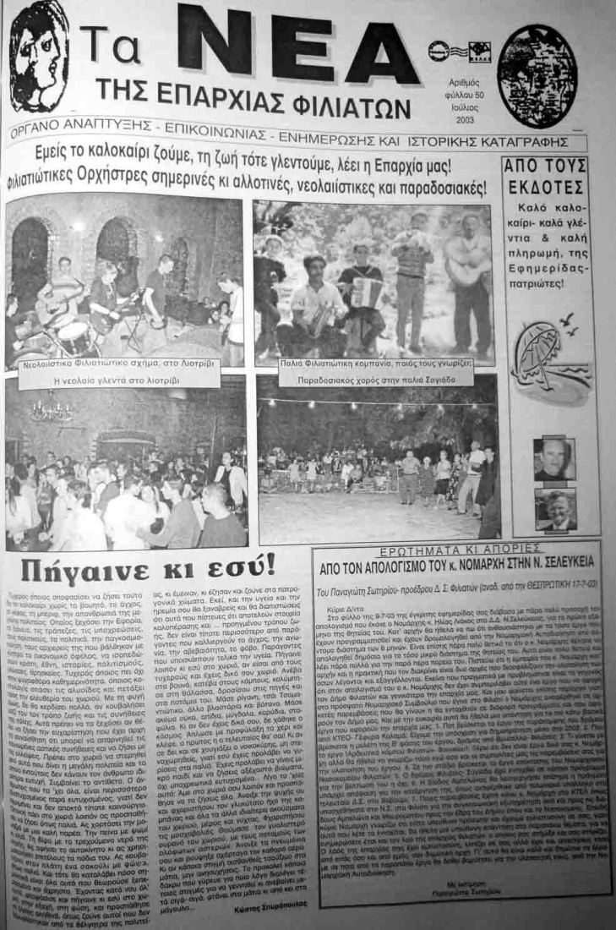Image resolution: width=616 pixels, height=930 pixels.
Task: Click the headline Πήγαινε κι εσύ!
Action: (161, 564)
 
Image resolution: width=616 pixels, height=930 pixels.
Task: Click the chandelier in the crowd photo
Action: (50, 413)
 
